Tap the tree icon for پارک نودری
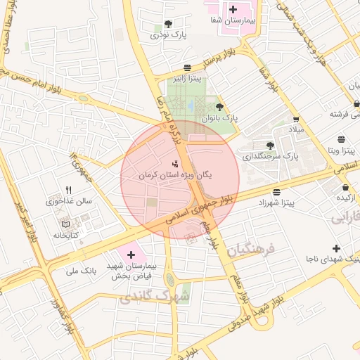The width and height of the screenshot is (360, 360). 168,23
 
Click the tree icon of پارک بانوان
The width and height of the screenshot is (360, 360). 220,107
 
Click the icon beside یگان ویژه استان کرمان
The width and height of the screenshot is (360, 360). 175,164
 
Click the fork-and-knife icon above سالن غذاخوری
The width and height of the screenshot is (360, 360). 68,190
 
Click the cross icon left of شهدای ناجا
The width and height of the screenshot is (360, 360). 337,248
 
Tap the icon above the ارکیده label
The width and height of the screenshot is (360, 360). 346,188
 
